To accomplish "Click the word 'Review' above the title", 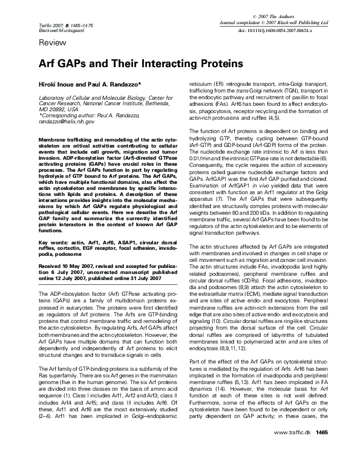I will point(52,44).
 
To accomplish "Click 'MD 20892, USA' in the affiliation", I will point(59,109).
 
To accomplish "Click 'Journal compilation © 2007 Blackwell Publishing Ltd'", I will point(278,21).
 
